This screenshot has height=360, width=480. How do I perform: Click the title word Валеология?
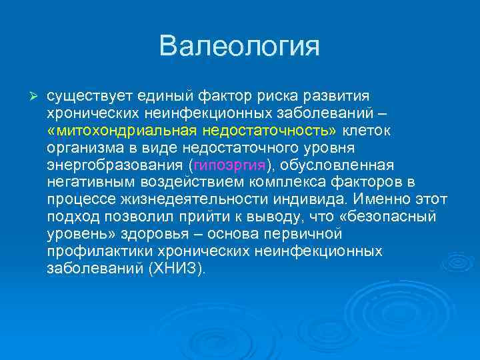(240, 47)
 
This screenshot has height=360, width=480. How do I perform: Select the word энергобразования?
(116, 165)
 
